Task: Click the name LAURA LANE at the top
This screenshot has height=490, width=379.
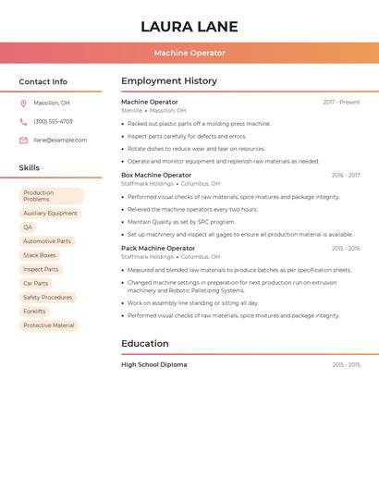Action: click(189, 27)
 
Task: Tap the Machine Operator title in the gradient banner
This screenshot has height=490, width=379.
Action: click(189, 53)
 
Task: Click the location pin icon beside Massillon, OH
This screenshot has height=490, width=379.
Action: click(23, 104)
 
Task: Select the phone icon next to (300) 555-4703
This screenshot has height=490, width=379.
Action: click(23, 121)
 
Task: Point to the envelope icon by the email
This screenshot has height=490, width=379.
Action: click(23, 141)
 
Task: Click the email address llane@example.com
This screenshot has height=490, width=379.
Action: click(60, 141)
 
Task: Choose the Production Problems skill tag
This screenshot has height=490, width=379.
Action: click(51, 196)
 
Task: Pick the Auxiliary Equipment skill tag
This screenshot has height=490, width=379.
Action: click(50, 214)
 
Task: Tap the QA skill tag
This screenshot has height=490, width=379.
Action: click(28, 227)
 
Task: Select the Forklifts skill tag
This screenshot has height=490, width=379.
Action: click(34, 312)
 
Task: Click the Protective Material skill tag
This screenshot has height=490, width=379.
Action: click(49, 325)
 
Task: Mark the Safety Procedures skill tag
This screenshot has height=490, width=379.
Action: click(47, 298)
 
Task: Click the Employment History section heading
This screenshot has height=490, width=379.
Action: click(169, 81)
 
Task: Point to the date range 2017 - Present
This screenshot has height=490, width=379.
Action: click(341, 102)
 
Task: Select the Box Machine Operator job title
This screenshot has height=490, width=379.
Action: click(156, 175)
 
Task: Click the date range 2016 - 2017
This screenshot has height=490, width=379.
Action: click(345, 175)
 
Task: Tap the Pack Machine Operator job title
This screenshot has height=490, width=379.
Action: click(158, 248)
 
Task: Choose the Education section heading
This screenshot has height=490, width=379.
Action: click(145, 344)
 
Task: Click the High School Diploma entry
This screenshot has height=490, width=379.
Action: click(154, 364)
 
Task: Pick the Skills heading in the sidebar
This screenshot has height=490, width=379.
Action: click(30, 168)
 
